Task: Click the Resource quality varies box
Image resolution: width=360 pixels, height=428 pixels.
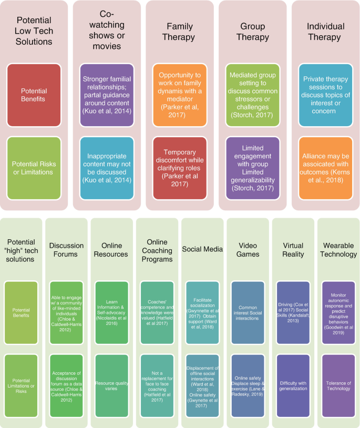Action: coord(111,385)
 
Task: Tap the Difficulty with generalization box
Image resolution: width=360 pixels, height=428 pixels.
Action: coord(293,385)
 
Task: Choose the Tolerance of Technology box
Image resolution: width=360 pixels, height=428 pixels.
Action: coord(338,385)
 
